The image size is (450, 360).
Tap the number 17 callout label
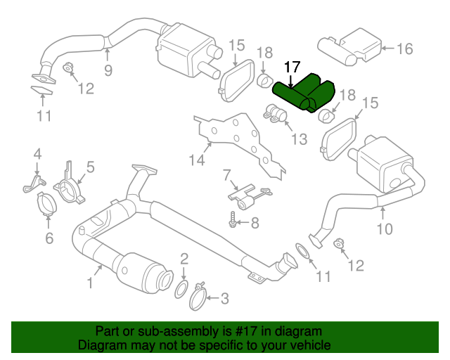(292, 67)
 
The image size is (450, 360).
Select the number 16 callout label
(404, 49)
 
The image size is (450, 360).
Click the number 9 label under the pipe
(108, 69)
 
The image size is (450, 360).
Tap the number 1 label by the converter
(90, 283)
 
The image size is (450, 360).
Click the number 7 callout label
(226, 174)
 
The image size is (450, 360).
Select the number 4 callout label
(37, 153)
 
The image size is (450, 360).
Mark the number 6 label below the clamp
(48, 238)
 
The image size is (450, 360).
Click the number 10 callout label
(385, 229)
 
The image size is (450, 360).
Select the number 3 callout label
(224, 300)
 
